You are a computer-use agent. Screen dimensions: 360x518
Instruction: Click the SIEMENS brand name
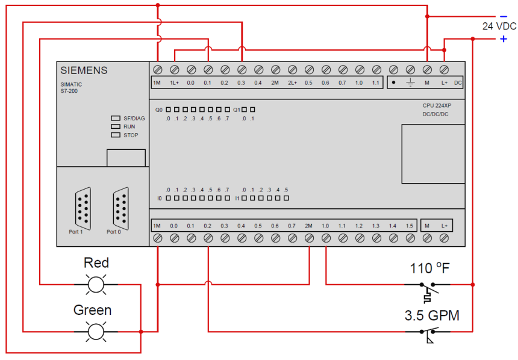pyautogui.click(x=84, y=70)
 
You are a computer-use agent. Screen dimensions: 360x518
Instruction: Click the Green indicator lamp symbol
pyautogui.click(x=96, y=331)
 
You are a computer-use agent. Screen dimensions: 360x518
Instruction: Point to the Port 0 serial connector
pyautogui.click(x=120, y=206)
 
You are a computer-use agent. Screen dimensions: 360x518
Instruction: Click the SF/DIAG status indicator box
pyautogui.click(x=115, y=119)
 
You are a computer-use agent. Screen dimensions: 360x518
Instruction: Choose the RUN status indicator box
pyautogui.click(x=115, y=127)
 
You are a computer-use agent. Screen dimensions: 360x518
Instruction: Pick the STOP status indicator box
pyautogui.click(x=115, y=135)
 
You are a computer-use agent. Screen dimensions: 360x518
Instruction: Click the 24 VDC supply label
pyautogui.click(x=499, y=26)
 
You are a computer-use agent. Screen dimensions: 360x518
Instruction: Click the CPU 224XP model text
pyautogui.click(x=436, y=105)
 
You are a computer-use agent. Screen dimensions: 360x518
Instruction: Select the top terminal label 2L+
pyautogui.click(x=292, y=82)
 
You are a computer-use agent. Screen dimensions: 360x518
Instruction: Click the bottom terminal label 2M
pyautogui.click(x=308, y=226)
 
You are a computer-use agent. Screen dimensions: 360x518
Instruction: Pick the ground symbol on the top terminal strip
pyautogui.click(x=410, y=82)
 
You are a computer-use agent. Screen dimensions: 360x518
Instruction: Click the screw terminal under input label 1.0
pyautogui.click(x=325, y=238)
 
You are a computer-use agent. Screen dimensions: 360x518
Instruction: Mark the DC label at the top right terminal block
pyautogui.click(x=458, y=82)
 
